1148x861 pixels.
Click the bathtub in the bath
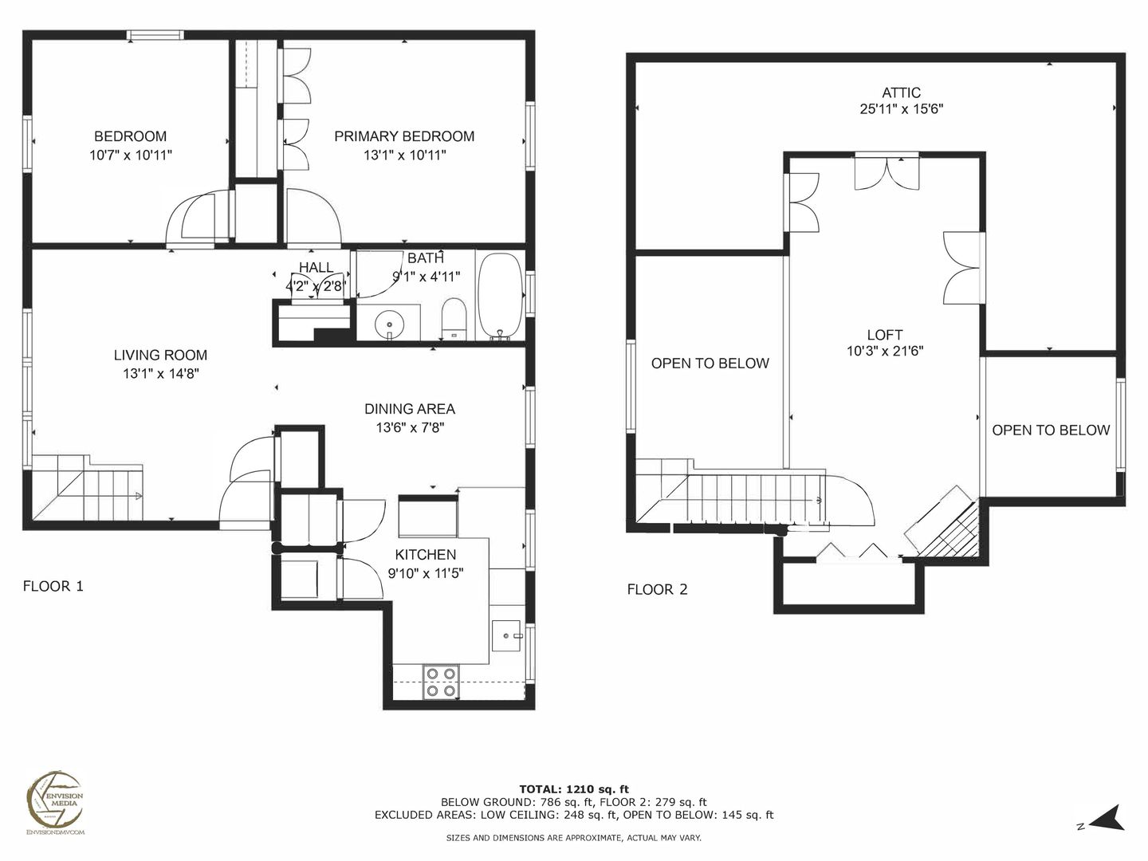click(x=501, y=297)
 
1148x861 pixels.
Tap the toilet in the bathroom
click(x=454, y=319)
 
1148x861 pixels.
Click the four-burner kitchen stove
click(x=441, y=682)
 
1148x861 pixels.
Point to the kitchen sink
click(x=506, y=635)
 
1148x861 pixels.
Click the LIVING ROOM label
click(x=160, y=355)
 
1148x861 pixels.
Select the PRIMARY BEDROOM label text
click(x=404, y=136)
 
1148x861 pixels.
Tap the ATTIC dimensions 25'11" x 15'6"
click(x=901, y=109)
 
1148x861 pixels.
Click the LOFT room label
click(x=884, y=335)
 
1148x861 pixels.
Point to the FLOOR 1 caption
click(x=53, y=586)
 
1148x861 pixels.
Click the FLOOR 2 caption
click(x=657, y=590)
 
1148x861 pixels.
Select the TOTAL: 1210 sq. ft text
click(x=574, y=789)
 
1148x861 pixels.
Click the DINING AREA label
click(x=410, y=409)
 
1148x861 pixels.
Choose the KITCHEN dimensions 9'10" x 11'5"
click(x=425, y=573)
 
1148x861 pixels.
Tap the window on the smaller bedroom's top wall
click(x=155, y=35)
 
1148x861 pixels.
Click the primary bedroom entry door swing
click(x=313, y=216)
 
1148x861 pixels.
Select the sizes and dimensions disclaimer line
click(x=573, y=838)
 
